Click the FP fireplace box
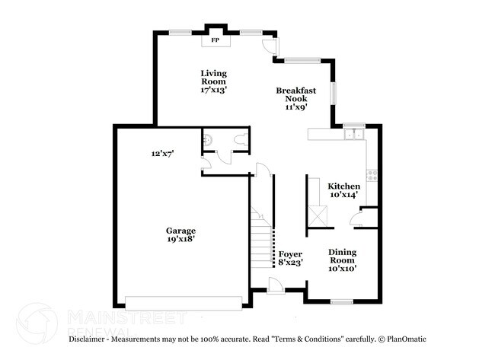tap(215, 40)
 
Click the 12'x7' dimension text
tap(163, 154)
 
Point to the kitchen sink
tap(354, 135)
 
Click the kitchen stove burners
tap(372, 175)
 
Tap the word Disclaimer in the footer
tap(88, 339)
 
